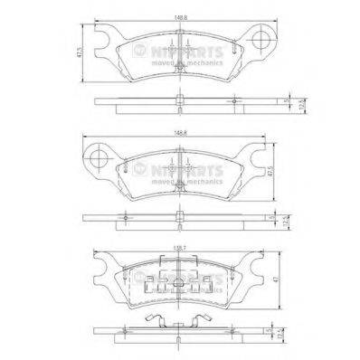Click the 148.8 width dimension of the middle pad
(181, 137)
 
